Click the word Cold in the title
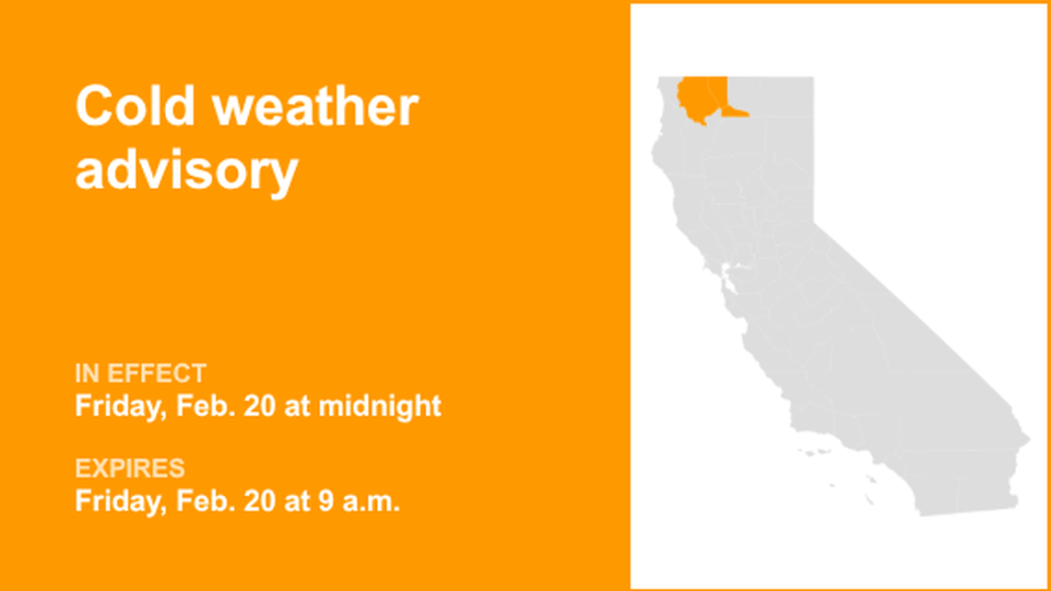coord(136,107)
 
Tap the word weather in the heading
coord(315,107)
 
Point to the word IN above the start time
coord(88,373)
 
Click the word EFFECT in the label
coord(156,373)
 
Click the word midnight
coord(380,406)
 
